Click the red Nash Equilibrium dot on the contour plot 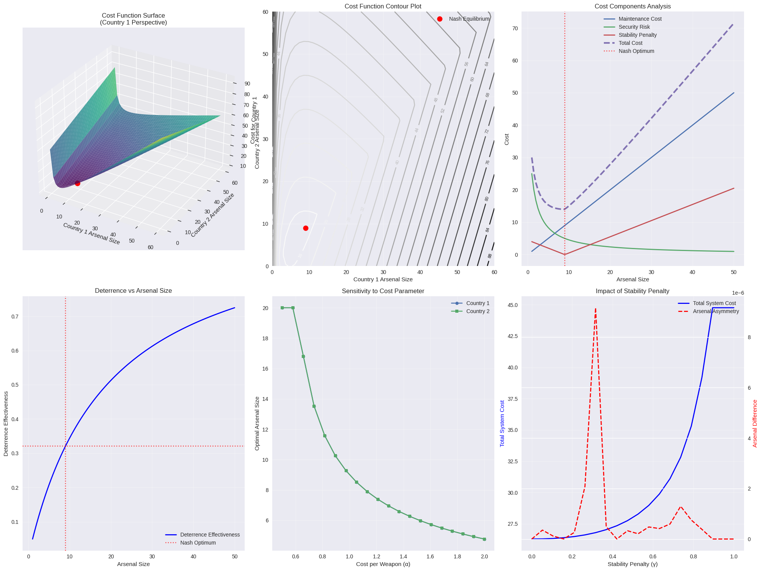click(306, 228)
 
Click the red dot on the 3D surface click(77, 183)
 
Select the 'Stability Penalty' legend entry click(637, 35)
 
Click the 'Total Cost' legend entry click(630, 43)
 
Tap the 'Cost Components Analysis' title click(633, 7)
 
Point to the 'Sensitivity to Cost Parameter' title click(383, 291)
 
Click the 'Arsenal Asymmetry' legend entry click(716, 311)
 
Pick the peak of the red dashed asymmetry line click(595, 308)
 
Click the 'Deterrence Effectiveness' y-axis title click(6, 423)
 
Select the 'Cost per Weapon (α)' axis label click(383, 564)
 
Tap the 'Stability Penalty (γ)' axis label click(633, 564)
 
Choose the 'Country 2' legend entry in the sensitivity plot click(477, 311)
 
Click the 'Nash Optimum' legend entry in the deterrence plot click(198, 543)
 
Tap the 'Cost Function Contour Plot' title click(383, 7)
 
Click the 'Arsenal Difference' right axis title click(755, 423)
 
